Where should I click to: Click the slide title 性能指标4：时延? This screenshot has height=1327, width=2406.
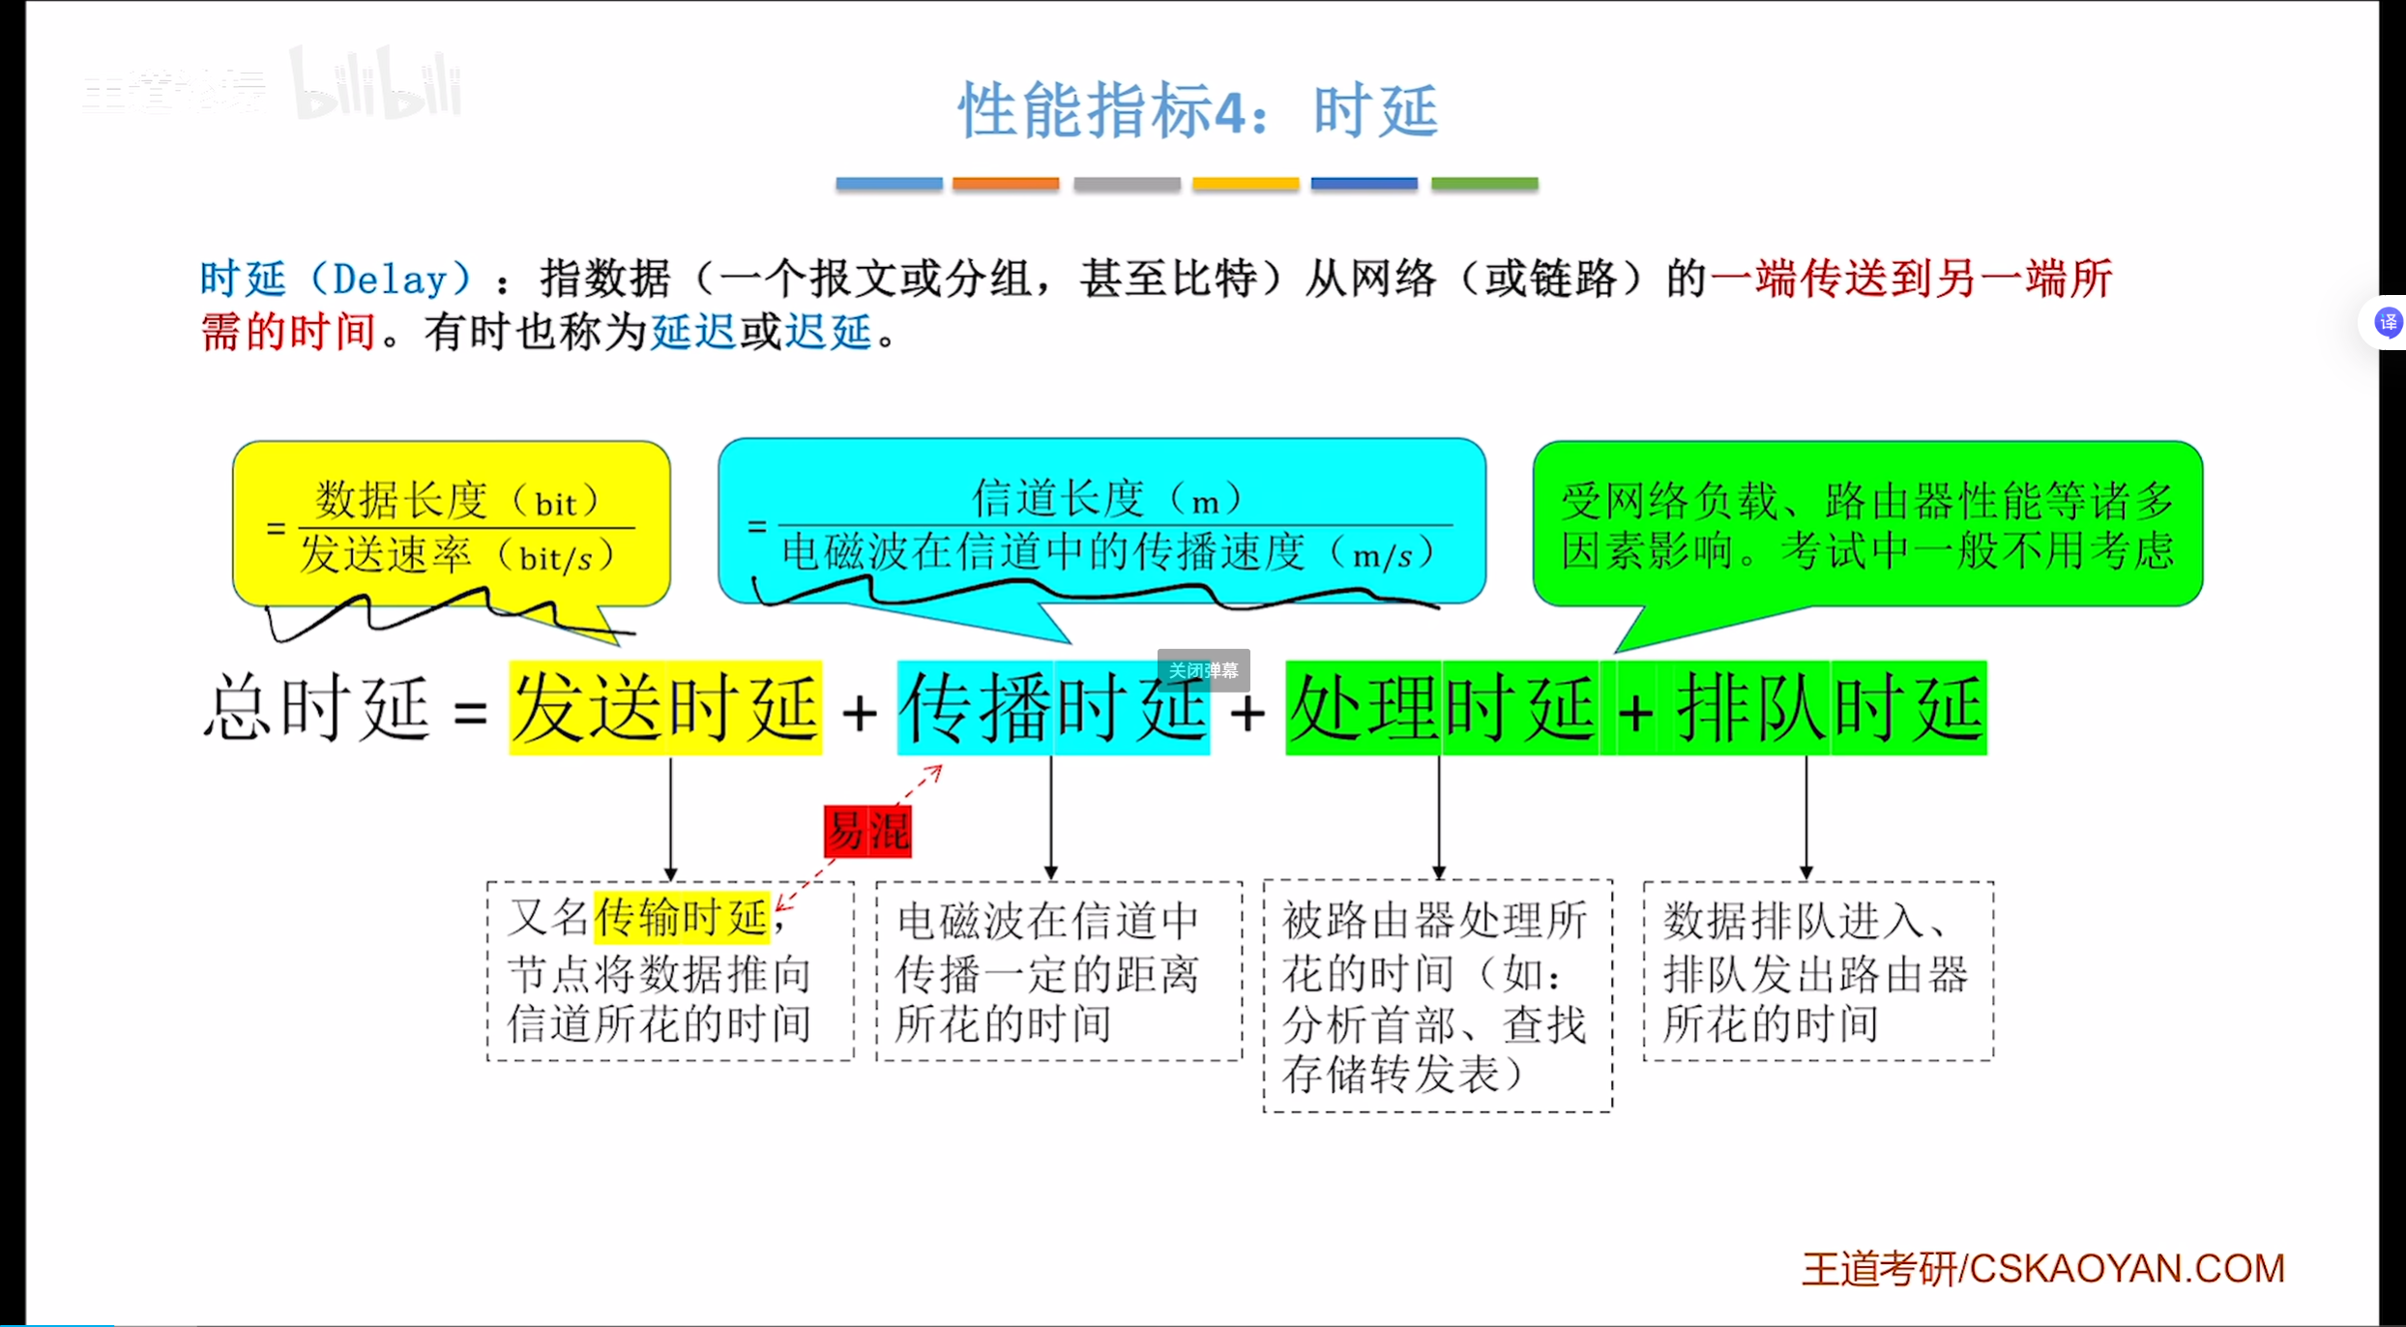click(x=1198, y=110)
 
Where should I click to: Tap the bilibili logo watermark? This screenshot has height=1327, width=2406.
click(x=377, y=85)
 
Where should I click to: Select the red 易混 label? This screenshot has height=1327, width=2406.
click(x=867, y=831)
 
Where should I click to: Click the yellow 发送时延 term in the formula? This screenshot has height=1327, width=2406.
click(x=665, y=708)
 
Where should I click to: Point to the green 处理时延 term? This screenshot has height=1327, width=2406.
click(x=1441, y=708)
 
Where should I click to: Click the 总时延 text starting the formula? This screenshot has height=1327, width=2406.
click(x=316, y=708)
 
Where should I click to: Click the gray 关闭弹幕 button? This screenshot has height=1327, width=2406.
click(x=1203, y=670)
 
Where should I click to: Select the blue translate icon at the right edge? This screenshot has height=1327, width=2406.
click(x=2388, y=322)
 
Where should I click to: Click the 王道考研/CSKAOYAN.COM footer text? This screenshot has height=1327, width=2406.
click(x=2042, y=1268)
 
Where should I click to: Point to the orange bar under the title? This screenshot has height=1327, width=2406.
click(x=1005, y=184)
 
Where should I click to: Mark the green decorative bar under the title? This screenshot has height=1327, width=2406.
click(x=1484, y=184)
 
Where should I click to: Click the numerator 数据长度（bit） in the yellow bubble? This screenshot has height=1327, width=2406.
click(x=457, y=501)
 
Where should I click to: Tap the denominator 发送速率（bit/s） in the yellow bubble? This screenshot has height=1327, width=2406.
click(x=457, y=556)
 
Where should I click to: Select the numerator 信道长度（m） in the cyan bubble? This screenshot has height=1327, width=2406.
click(x=1107, y=499)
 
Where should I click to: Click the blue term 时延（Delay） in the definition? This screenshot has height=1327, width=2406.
click(x=335, y=280)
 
